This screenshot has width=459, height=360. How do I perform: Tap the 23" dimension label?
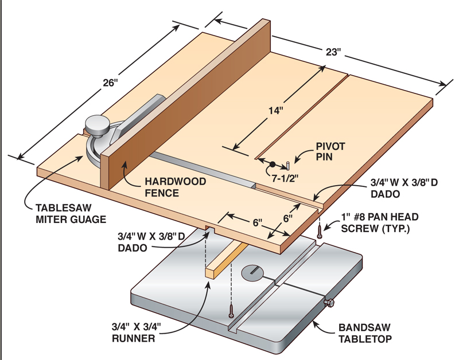tap(333, 52)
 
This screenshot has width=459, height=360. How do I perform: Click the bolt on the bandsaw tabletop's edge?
tap(330, 303)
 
